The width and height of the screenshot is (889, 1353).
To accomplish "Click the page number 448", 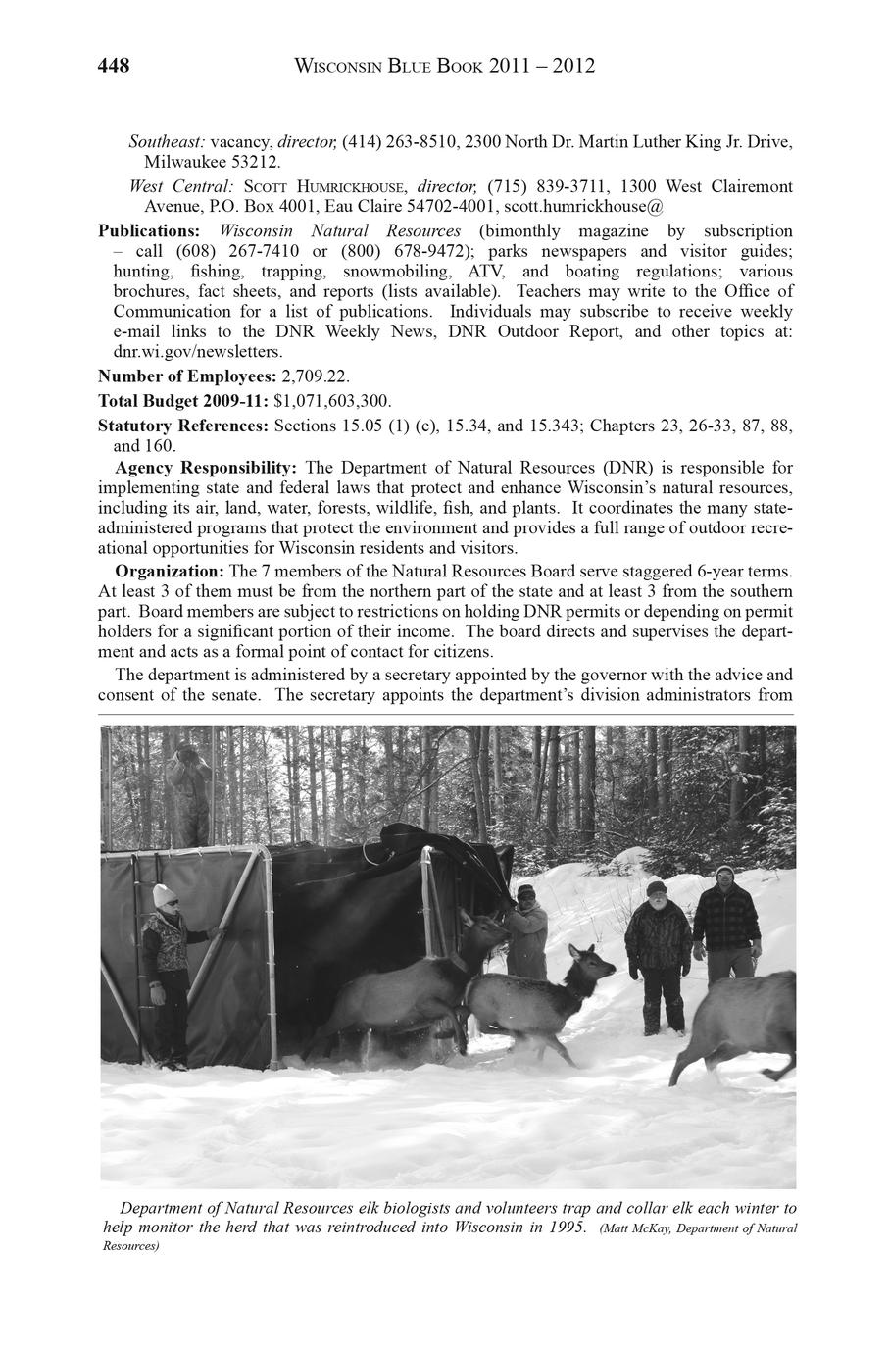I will (x=114, y=67).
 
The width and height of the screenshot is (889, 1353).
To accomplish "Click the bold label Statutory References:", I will (x=183, y=426).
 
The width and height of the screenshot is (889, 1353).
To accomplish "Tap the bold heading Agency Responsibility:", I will (x=207, y=467).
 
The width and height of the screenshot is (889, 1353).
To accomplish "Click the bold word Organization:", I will (x=170, y=570).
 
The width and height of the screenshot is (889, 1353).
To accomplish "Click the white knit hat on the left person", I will (x=162, y=894).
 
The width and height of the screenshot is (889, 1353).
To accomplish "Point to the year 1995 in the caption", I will (x=559, y=1227).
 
